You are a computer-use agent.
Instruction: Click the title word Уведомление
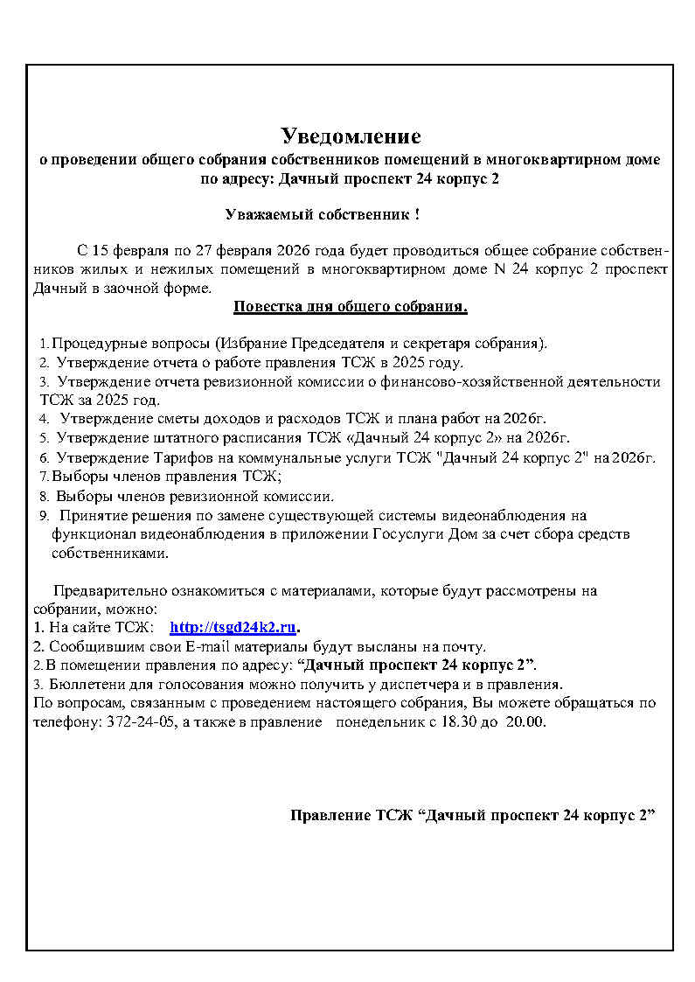(351, 136)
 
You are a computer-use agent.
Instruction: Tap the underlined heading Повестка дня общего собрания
(350, 307)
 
